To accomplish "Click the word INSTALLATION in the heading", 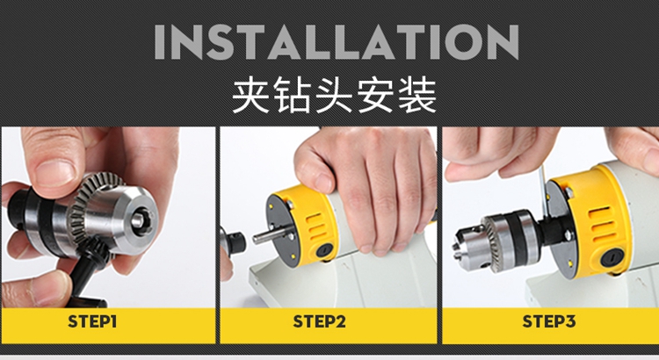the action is tap(337, 42).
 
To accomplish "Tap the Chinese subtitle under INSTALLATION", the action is tap(335, 96).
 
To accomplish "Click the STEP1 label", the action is tap(92, 321).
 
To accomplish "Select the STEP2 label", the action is tap(320, 321).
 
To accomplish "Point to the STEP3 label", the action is tap(548, 321).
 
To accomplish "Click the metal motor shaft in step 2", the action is tap(269, 234).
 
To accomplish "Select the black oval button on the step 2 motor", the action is tap(324, 250).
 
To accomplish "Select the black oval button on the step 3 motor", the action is tap(611, 258).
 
